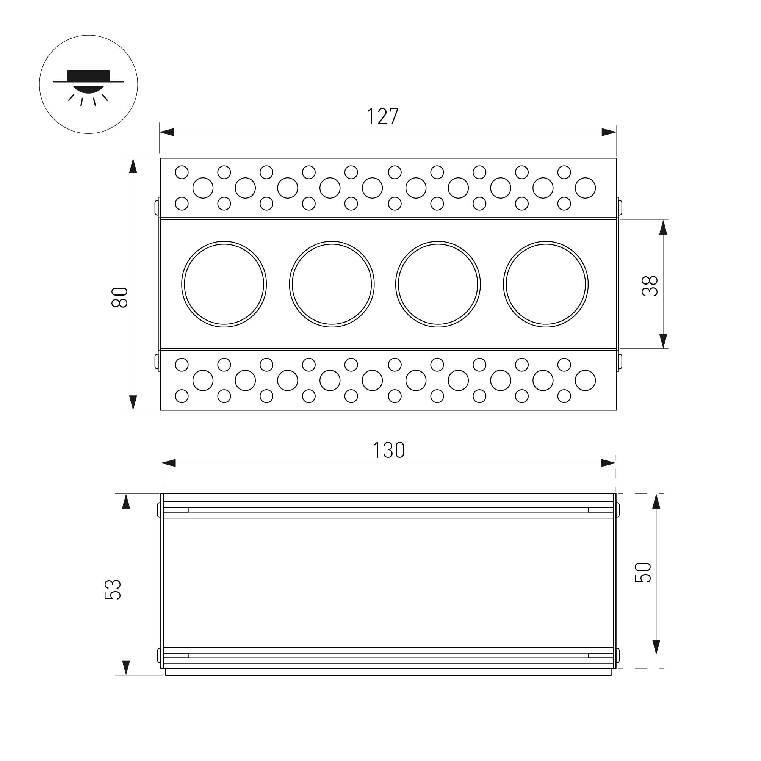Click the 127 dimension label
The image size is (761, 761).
click(x=383, y=116)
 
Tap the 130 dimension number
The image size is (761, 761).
click(x=389, y=450)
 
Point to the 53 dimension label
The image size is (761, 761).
click(x=113, y=589)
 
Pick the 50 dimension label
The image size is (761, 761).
click(x=643, y=572)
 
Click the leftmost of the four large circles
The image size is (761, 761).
click(x=224, y=284)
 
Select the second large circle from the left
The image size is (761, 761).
click(x=332, y=284)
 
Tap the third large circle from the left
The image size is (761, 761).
click(x=438, y=284)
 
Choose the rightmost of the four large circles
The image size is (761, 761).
click(x=545, y=284)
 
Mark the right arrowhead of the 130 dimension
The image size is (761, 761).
click(x=608, y=463)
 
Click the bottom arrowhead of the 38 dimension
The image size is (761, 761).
click(x=663, y=341)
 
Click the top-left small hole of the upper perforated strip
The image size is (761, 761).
click(x=182, y=172)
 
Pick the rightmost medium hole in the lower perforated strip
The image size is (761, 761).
click(x=585, y=380)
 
